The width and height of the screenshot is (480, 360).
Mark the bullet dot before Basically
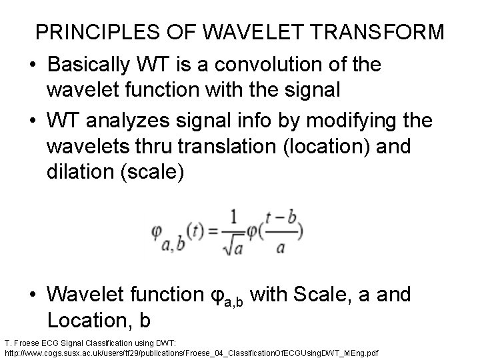click(x=33, y=66)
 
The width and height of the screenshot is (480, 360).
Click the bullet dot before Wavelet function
click(x=33, y=295)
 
